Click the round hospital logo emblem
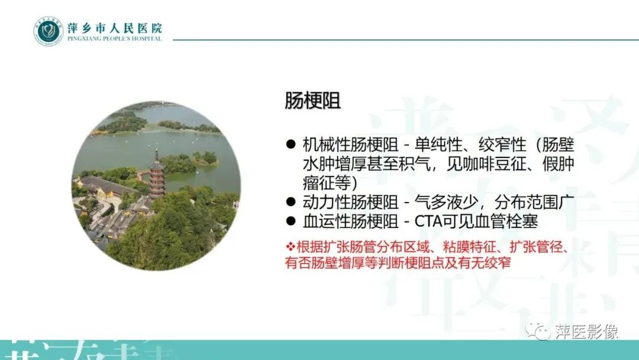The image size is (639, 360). pos(48,31)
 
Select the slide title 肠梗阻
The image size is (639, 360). pos(312,101)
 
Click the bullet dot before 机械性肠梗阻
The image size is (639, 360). pos(290,144)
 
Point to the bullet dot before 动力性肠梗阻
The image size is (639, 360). pos(290,203)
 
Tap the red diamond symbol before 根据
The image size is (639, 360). pos(290,246)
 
